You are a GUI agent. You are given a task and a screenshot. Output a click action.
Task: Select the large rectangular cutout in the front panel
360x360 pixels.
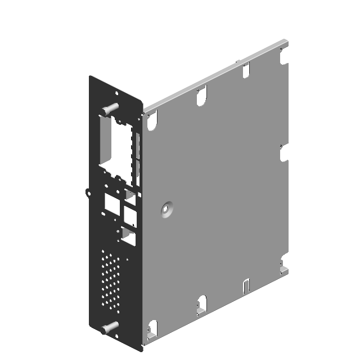coord(116,146)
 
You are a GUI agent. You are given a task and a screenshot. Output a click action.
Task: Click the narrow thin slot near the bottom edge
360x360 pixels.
coord(245,286)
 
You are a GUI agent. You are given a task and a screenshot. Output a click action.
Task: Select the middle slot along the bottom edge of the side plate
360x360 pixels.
coord(202,304)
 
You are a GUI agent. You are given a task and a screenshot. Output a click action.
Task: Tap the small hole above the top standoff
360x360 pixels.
coord(115,93)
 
